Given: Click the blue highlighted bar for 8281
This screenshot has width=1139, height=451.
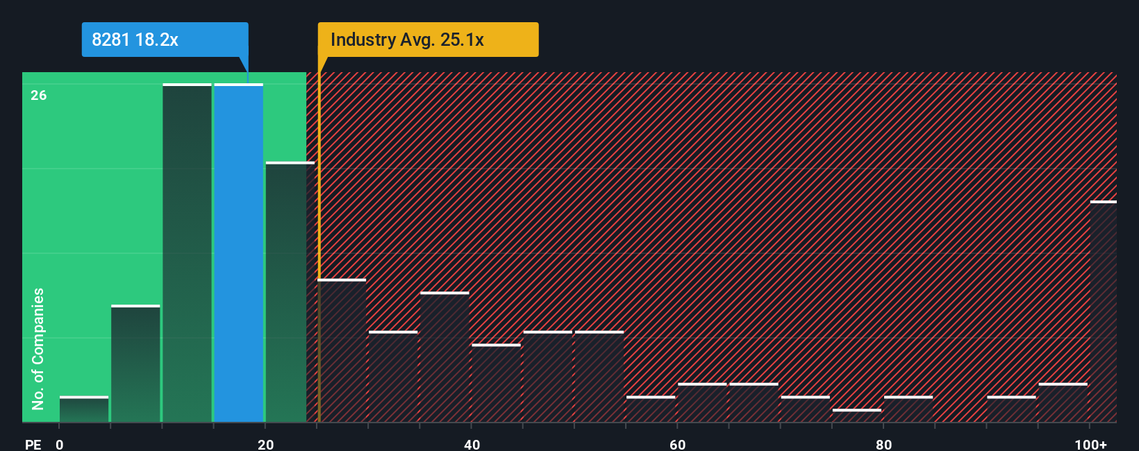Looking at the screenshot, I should pyautogui.click(x=239, y=253).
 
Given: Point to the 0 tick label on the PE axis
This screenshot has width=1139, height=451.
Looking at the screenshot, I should pyautogui.click(x=60, y=444).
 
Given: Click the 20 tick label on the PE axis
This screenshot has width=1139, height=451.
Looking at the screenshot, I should pyautogui.click(x=265, y=444).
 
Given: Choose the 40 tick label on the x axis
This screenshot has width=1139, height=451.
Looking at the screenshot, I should pyautogui.click(x=472, y=444).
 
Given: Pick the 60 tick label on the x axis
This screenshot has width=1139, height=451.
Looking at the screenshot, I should pyautogui.click(x=677, y=444).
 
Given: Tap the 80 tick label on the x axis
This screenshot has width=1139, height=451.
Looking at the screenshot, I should pyautogui.click(x=883, y=444).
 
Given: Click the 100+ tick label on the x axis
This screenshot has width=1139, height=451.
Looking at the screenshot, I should pyautogui.click(x=1090, y=444).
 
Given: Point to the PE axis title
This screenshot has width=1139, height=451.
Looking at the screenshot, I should pyautogui.click(x=33, y=444).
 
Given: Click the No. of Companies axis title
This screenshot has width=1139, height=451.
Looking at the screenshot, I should pyautogui.click(x=38, y=348).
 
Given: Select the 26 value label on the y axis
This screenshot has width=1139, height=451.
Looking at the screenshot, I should pyautogui.click(x=39, y=95).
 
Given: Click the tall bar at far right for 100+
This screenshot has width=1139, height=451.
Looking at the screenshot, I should pyautogui.click(x=1104, y=312).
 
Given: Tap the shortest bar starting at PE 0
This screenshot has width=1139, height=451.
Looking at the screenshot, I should pyautogui.click(x=84, y=409).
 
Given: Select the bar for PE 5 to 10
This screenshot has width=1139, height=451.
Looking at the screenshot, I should pyautogui.click(x=135, y=364).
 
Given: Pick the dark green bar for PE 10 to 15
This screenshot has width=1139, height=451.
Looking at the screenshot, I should pyautogui.click(x=188, y=253).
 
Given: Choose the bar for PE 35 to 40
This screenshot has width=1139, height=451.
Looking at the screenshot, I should pyautogui.click(x=444, y=357).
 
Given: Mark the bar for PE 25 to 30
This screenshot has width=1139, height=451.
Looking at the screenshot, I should pyautogui.click(x=342, y=351).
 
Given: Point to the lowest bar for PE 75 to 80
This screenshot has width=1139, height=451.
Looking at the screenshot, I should pyautogui.click(x=856, y=416).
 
